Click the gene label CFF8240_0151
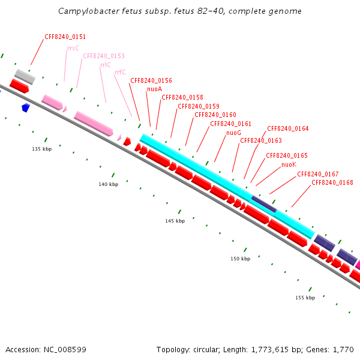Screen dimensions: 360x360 65,37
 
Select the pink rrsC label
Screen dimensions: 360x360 73,48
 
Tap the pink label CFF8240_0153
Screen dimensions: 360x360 104,56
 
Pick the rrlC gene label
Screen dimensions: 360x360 105,65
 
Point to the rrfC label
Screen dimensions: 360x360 120,72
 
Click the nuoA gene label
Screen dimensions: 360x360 154,89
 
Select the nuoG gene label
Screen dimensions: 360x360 233,133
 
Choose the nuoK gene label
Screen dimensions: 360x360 289,164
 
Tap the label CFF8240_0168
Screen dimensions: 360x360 332,182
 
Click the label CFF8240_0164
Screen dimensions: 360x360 287,128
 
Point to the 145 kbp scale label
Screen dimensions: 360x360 175,221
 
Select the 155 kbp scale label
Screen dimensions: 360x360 305,298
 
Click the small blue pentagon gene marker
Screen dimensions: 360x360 25,107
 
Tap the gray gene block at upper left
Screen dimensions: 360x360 25,76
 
